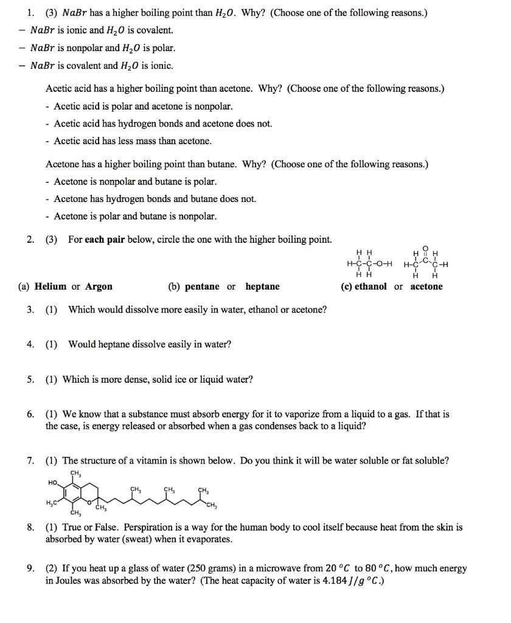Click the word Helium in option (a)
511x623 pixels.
(x=51, y=287)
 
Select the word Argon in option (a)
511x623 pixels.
(x=99, y=287)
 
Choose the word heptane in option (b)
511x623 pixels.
(x=263, y=287)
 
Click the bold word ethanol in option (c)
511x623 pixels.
(x=370, y=287)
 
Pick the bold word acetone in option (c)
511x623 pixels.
(x=426, y=287)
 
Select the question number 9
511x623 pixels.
(x=30, y=569)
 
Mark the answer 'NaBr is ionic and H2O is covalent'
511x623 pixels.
(x=102, y=30)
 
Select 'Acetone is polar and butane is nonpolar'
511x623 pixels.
(x=135, y=216)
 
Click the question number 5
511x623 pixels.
(x=30, y=380)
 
